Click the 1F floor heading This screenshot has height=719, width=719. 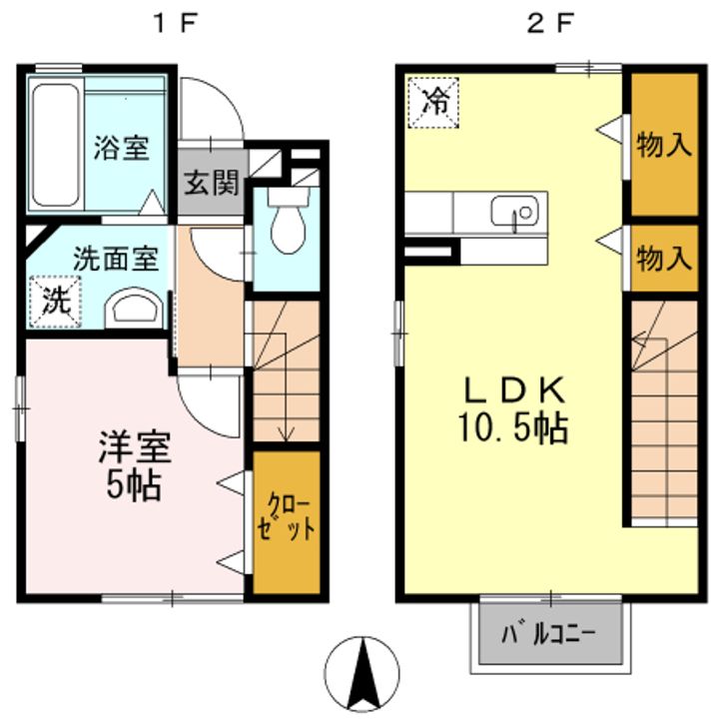click(177, 23)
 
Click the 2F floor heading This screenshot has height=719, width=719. click(550, 23)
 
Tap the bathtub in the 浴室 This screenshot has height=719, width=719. click(56, 145)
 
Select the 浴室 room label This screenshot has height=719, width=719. click(122, 148)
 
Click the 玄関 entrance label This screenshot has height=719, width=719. click(212, 183)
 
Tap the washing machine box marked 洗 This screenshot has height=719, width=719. click(56, 302)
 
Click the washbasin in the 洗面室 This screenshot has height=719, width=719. click(134, 308)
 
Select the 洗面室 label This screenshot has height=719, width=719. click(116, 259)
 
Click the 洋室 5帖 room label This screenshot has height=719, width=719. click(135, 464)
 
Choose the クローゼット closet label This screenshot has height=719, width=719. click(287, 517)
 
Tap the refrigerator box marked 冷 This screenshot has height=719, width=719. click(432, 103)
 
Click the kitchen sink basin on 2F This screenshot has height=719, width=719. click(514, 212)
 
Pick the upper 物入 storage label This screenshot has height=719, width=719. click(664, 145)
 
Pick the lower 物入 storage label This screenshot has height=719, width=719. click(664, 258)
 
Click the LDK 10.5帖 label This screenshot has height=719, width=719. click(514, 409)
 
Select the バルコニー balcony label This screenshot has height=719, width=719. click(548, 635)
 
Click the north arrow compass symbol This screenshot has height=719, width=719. click(362, 673)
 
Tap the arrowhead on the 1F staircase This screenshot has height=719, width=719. click(287, 433)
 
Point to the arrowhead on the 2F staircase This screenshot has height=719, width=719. click(637, 340)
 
